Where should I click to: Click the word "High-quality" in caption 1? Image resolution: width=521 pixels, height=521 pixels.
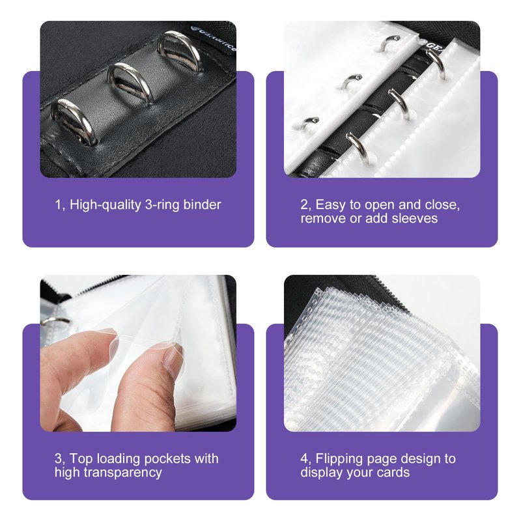106,205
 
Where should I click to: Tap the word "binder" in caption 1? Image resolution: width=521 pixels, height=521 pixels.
202,204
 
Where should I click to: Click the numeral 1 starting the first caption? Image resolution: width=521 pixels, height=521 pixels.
58,205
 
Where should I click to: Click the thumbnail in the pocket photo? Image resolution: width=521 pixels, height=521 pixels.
173,361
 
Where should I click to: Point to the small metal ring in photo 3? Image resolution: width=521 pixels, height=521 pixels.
55,320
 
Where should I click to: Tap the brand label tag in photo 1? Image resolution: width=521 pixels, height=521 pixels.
213,38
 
